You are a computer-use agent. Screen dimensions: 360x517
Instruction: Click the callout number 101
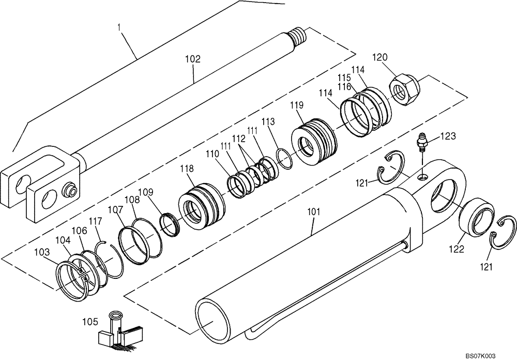pyautogui.click(x=314, y=212)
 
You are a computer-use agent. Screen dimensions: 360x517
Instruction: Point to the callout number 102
pyautogui.click(x=192, y=59)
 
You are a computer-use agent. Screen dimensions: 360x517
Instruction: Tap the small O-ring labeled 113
pyautogui.click(x=284, y=157)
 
